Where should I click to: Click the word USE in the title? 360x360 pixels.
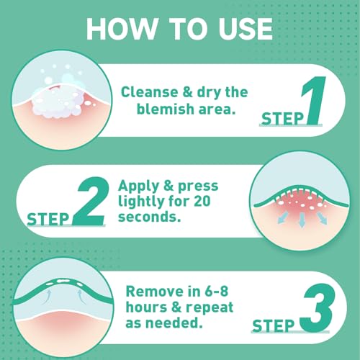246,29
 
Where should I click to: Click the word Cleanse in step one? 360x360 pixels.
150,92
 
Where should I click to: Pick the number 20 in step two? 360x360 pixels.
202,201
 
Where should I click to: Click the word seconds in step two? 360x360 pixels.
149,217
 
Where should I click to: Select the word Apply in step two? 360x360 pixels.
138,186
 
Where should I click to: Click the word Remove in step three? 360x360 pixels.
155,292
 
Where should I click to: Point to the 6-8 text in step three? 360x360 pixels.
216,292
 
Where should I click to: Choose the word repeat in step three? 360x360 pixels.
210,307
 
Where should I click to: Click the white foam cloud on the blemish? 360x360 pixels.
59,103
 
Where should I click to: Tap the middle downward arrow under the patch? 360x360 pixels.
302,220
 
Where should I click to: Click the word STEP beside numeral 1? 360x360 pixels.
282,119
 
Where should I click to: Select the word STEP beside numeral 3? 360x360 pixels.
274,326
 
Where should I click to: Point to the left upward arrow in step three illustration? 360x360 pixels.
48,297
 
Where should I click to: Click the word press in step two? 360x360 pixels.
198,186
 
